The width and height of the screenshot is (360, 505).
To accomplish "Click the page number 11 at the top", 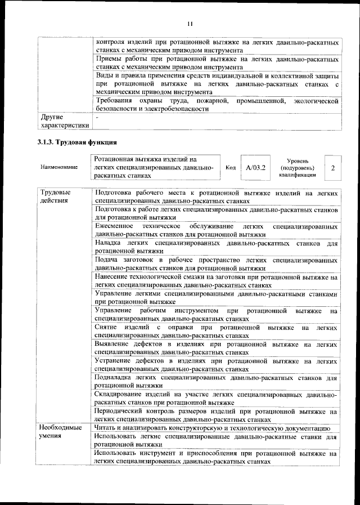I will tap(189, 23).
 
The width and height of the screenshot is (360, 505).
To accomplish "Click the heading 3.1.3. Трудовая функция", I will tap(73, 141).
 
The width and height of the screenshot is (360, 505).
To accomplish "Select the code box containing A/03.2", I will tap(255, 168).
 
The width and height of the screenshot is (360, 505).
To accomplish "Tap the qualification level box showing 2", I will tap(333, 168).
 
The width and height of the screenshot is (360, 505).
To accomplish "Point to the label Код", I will tap(231, 168).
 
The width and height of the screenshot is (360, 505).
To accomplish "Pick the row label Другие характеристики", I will tap(61, 122).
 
